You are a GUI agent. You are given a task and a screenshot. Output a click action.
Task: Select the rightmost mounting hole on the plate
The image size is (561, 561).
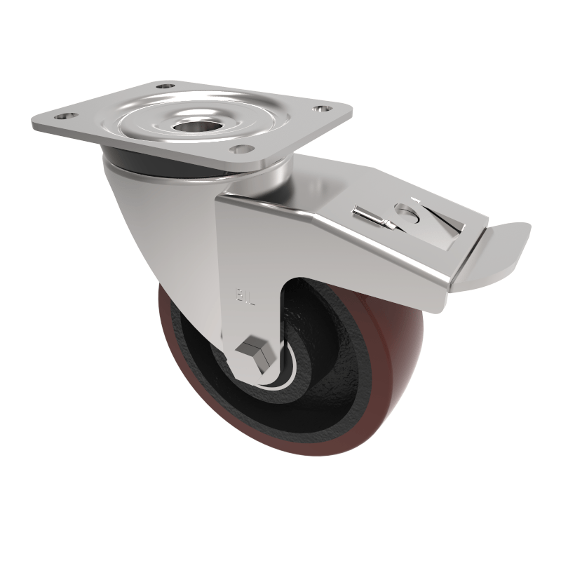click(x=322, y=109)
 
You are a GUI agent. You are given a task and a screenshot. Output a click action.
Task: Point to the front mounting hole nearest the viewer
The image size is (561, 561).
click(x=243, y=149)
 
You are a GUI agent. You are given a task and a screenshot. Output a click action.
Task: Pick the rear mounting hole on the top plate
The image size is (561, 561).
click(x=163, y=86)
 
